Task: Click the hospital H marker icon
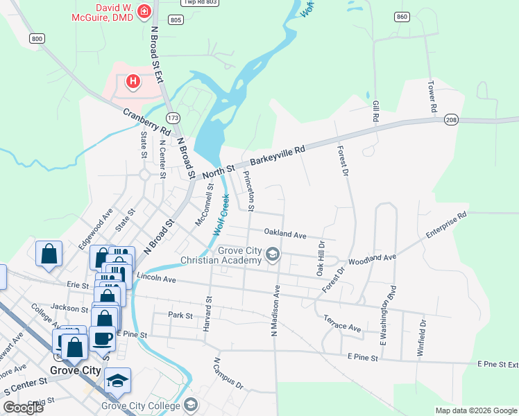(133, 83)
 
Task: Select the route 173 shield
(173, 117)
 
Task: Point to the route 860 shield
(402, 16)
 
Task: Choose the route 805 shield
(176, 20)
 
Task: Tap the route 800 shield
(37, 39)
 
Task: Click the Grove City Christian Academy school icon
(273, 255)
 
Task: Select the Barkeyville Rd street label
(278, 154)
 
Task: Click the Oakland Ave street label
(285, 235)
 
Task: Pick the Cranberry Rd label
(146, 121)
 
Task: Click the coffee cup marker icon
(103, 338)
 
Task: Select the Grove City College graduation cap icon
(118, 381)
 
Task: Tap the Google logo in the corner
(24, 407)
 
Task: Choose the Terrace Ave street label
(342, 323)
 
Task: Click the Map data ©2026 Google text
(475, 410)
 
